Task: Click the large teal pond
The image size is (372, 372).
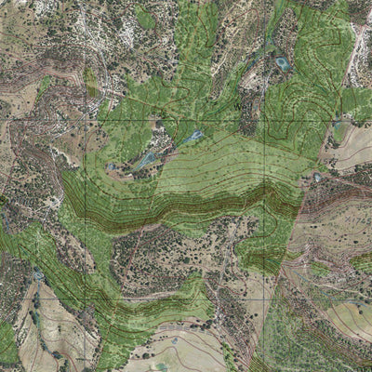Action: pos(282,63)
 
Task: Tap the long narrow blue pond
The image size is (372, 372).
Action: pos(147,161)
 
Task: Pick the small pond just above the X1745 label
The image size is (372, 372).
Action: pos(317,174)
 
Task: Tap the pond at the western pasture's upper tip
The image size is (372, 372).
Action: pos(38,275)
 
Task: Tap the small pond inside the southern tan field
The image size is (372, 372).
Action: pos(175,340)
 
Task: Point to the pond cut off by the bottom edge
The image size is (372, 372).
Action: pos(163,367)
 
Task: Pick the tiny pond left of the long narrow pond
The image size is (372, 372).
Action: pos(112,167)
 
